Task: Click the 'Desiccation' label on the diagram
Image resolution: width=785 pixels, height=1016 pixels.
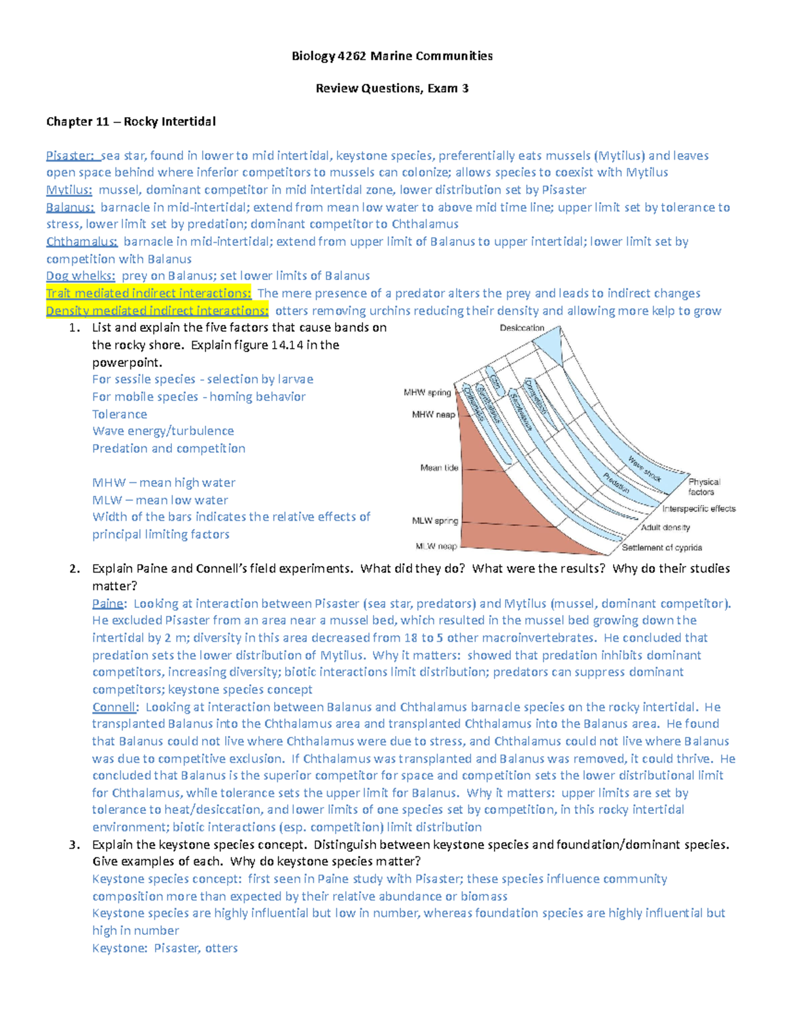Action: click(522, 328)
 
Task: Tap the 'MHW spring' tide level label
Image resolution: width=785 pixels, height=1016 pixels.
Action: click(427, 393)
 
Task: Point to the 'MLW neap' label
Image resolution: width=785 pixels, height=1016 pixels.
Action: click(436, 546)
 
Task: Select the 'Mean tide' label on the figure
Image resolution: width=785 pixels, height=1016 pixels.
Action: click(439, 468)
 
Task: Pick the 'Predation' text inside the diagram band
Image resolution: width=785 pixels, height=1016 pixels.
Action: click(616, 483)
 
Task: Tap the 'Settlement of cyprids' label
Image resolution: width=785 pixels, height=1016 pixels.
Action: click(661, 548)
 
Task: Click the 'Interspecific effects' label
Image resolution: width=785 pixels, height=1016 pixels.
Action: click(699, 508)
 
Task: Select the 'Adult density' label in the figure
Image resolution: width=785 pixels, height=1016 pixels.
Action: click(665, 527)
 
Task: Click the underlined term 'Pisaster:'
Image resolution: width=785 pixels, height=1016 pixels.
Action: click(70, 156)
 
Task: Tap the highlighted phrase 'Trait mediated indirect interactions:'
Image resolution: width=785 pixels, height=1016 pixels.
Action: click(148, 293)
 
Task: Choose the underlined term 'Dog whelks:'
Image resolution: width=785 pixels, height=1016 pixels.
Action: click(80, 276)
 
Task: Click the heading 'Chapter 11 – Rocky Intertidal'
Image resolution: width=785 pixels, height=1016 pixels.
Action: click(130, 122)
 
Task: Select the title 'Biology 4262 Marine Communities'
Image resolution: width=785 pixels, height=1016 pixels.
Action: click(392, 56)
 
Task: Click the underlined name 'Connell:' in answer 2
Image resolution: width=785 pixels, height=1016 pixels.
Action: click(115, 707)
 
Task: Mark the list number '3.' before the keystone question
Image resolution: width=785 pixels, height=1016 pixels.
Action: click(74, 845)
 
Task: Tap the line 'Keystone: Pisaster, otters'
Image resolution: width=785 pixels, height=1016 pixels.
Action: click(165, 948)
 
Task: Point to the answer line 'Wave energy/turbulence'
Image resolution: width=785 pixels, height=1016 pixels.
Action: click(163, 431)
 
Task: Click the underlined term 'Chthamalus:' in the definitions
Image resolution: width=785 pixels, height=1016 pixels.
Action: click(82, 241)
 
